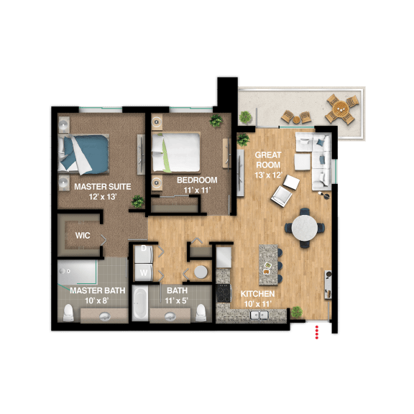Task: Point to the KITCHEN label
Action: [x=257, y=294]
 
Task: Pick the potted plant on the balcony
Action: [x=247, y=116]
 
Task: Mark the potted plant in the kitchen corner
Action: [x=296, y=313]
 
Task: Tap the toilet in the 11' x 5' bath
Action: [x=202, y=312]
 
